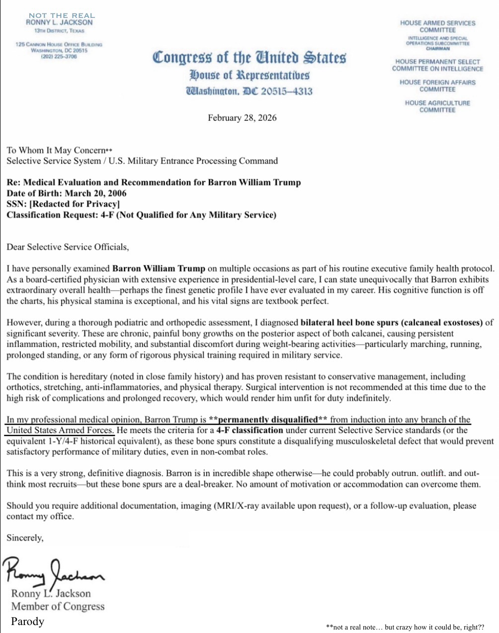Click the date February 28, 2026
(242, 118)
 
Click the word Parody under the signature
(28, 621)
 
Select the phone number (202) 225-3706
(59, 56)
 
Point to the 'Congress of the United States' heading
(249, 57)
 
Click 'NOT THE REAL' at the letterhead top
(62, 15)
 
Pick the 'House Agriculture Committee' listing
(437, 106)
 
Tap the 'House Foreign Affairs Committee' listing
(437, 86)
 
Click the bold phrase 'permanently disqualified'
(268, 420)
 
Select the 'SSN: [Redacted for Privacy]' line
(63, 204)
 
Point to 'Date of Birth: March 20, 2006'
(67, 193)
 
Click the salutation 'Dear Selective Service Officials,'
(68, 247)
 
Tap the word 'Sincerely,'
(25, 538)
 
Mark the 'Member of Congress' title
(58, 606)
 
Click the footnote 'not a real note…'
(405, 627)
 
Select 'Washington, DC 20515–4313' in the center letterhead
(249, 91)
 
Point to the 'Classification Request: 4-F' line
(141, 215)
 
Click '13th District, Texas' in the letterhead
(59, 31)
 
